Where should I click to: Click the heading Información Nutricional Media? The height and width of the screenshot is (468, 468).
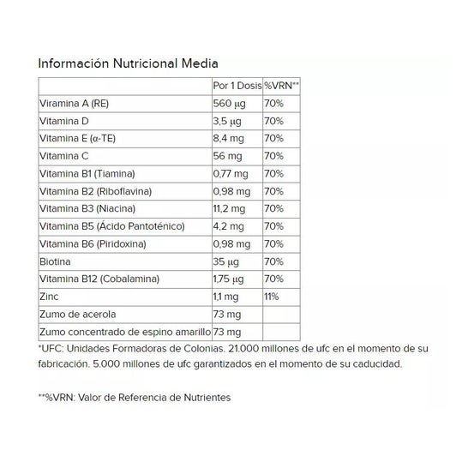tap(127, 63)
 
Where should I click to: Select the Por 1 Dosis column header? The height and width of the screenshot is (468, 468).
tap(236, 87)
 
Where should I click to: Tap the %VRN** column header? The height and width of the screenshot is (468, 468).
tap(281, 87)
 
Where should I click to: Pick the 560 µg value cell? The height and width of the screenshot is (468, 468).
tap(228, 104)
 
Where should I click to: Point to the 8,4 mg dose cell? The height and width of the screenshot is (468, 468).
tap(229, 139)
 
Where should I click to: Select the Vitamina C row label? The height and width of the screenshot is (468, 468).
tap(64, 156)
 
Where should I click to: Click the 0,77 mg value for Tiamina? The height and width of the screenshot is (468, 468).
tap(231, 174)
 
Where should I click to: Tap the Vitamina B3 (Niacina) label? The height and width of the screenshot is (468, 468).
tap(87, 209)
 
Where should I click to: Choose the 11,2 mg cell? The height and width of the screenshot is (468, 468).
tap(229, 209)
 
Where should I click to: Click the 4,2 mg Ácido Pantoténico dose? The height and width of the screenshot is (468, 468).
tap(229, 226)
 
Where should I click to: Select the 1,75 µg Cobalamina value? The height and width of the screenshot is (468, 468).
tap(230, 279)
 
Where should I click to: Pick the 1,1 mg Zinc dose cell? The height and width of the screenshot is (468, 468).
tap(227, 297)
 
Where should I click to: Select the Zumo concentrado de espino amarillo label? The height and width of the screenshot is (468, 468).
tap(123, 332)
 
